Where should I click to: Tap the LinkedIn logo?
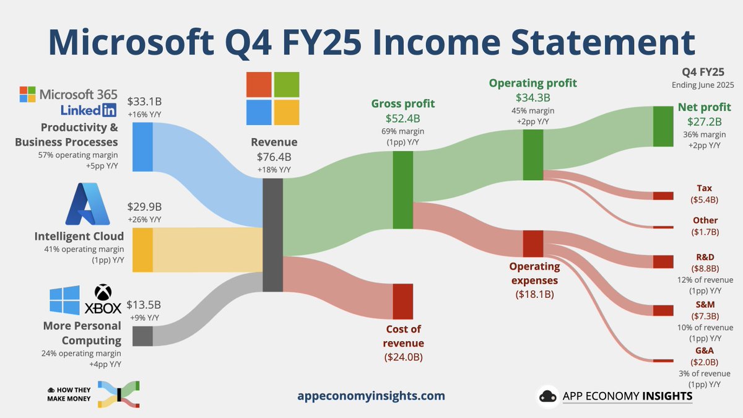point(89,110)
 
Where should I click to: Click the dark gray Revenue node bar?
point(272,235)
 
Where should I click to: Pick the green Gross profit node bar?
point(402,190)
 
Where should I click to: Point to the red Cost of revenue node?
point(402,301)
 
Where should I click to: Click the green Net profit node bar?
point(663,126)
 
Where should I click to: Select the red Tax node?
point(663,196)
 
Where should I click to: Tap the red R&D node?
point(663,261)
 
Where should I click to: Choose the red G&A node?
point(663,360)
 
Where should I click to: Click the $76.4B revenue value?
point(273,157)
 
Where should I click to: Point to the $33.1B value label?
point(144,101)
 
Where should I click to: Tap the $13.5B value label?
point(144,305)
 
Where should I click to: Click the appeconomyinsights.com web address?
point(371,396)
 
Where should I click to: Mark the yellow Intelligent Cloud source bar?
point(142,250)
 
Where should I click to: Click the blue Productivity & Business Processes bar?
point(142,147)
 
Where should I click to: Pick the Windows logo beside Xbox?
point(65,300)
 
